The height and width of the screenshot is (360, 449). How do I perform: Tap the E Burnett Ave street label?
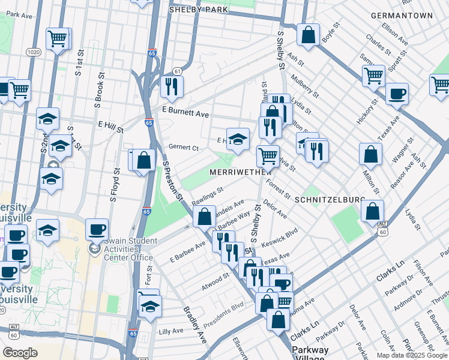click(x=185, y=113)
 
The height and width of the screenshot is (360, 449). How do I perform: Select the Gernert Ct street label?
click(x=183, y=148)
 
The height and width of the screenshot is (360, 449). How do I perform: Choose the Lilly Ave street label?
click(x=171, y=331)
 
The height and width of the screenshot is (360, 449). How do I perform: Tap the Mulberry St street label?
click(x=305, y=84)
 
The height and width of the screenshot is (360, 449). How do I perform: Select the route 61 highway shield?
click(x=176, y=71)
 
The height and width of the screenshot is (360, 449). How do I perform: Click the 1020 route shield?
click(x=33, y=53)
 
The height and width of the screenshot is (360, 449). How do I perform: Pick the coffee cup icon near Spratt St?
click(x=397, y=94)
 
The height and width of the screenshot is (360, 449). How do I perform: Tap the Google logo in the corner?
click(x=20, y=353)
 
